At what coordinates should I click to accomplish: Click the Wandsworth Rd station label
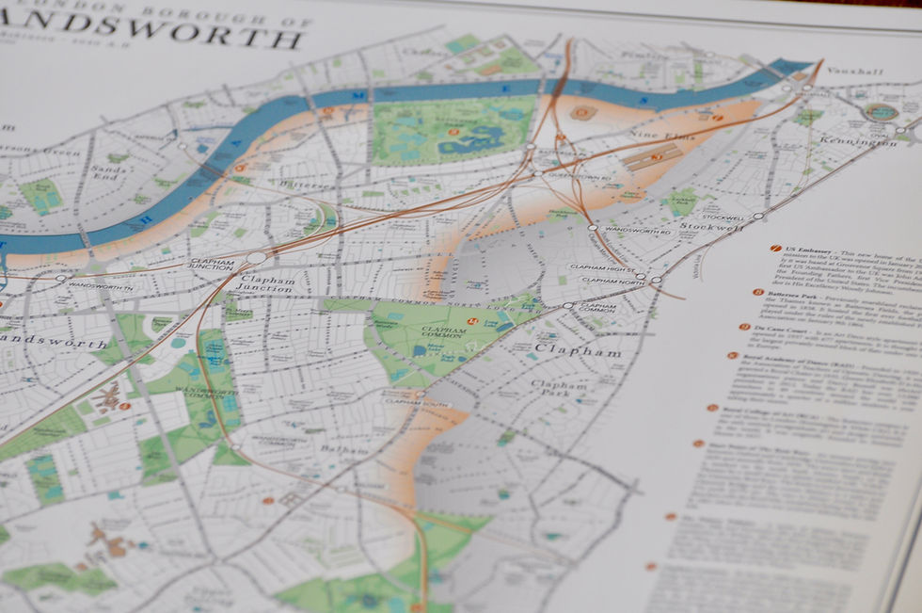(633, 230)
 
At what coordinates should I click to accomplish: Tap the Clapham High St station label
(602, 267)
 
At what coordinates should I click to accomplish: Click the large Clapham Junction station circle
(256, 258)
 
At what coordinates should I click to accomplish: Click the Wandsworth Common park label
(212, 394)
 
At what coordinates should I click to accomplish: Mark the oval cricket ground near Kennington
(881, 111)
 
